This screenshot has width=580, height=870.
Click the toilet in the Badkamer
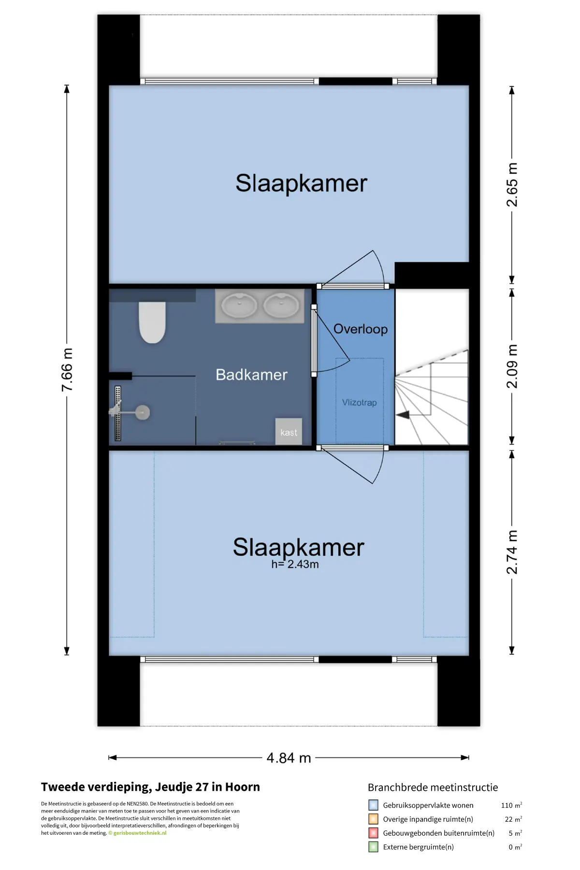point(152,322)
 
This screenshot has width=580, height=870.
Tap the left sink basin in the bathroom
point(239,306)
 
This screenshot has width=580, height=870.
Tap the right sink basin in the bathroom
point(281,306)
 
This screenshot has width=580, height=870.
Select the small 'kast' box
point(289,431)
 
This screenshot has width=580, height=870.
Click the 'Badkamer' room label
point(251,375)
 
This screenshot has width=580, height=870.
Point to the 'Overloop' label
point(361,329)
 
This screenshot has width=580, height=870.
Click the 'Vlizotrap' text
point(359,403)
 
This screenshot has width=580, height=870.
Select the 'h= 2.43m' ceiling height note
point(295,564)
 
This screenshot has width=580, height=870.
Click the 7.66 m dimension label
point(67,370)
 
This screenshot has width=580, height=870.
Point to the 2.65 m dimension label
point(512,185)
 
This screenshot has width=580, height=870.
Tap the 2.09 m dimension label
point(512,366)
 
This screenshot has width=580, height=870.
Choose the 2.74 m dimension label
point(512,552)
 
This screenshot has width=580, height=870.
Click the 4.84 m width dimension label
point(289,757)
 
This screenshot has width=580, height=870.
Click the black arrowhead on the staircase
point(403,415)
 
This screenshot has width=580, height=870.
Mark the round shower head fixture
point(142,412)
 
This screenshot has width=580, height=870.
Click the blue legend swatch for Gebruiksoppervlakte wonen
point(373,805)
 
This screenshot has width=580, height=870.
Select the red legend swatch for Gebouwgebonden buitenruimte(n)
point(373,833)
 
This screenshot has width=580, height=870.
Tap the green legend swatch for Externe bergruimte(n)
point(373,847)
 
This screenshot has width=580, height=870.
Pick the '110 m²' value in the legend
point(511,805)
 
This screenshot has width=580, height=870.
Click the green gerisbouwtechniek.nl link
point(140,833)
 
